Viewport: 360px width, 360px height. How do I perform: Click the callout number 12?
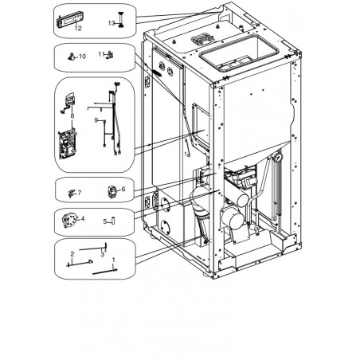coord(78,28)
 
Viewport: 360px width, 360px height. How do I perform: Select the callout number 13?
coord(112,23)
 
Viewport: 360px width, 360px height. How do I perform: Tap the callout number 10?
coord(82,57)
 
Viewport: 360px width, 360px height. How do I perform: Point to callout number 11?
coord(101,54)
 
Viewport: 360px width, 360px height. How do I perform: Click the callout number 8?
coord(72,115)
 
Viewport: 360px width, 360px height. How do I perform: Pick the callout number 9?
coord(96,120)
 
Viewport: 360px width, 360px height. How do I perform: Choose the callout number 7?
coord(80,193)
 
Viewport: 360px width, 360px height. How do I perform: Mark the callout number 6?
coord(123,189)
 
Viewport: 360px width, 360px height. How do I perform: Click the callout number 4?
coord(83,219)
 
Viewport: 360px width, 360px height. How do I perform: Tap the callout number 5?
coord(105,221)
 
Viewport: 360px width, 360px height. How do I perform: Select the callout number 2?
coord(72,254)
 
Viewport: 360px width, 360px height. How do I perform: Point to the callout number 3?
coord(103,255)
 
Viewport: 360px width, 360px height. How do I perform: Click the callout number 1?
coord(114,260)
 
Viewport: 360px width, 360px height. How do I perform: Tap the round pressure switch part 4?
coord(68,221)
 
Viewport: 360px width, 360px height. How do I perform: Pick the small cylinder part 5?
coord(113,221)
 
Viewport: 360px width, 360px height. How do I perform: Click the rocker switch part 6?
coord(112,192)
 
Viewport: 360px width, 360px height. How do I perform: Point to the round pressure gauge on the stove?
coord(278,157)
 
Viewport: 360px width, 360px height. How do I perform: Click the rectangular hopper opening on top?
coord(239,53)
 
